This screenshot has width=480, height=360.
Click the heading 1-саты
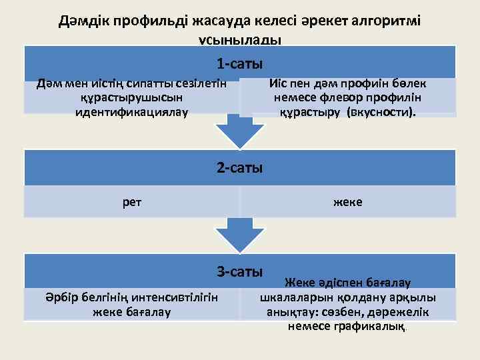239,64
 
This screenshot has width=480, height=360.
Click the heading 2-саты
239,167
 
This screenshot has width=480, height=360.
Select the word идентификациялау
132,111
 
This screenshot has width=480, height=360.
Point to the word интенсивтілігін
175,297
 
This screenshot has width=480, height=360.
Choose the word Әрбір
60,297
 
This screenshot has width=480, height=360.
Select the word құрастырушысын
132,97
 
